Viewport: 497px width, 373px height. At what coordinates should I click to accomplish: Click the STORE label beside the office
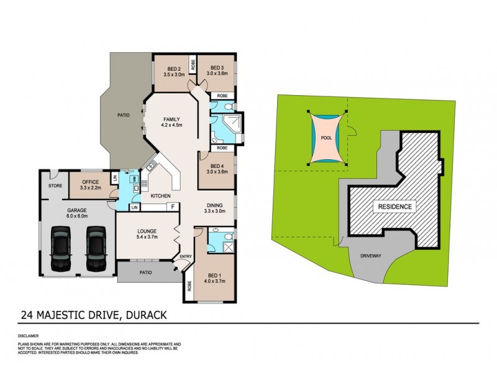(x=55, y=185)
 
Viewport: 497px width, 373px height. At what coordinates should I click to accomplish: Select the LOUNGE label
(x=147, y=234)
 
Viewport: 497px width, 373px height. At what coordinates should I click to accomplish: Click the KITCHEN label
(x=160, y=196)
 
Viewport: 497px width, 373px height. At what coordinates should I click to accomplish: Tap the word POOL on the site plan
(x=326, y=139)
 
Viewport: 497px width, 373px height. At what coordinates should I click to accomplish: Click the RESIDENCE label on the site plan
(x=392, y=206)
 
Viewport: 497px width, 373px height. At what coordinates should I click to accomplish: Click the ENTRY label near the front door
(x=186, y=256)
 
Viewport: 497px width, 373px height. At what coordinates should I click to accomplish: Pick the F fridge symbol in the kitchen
(x=171, y=206)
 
